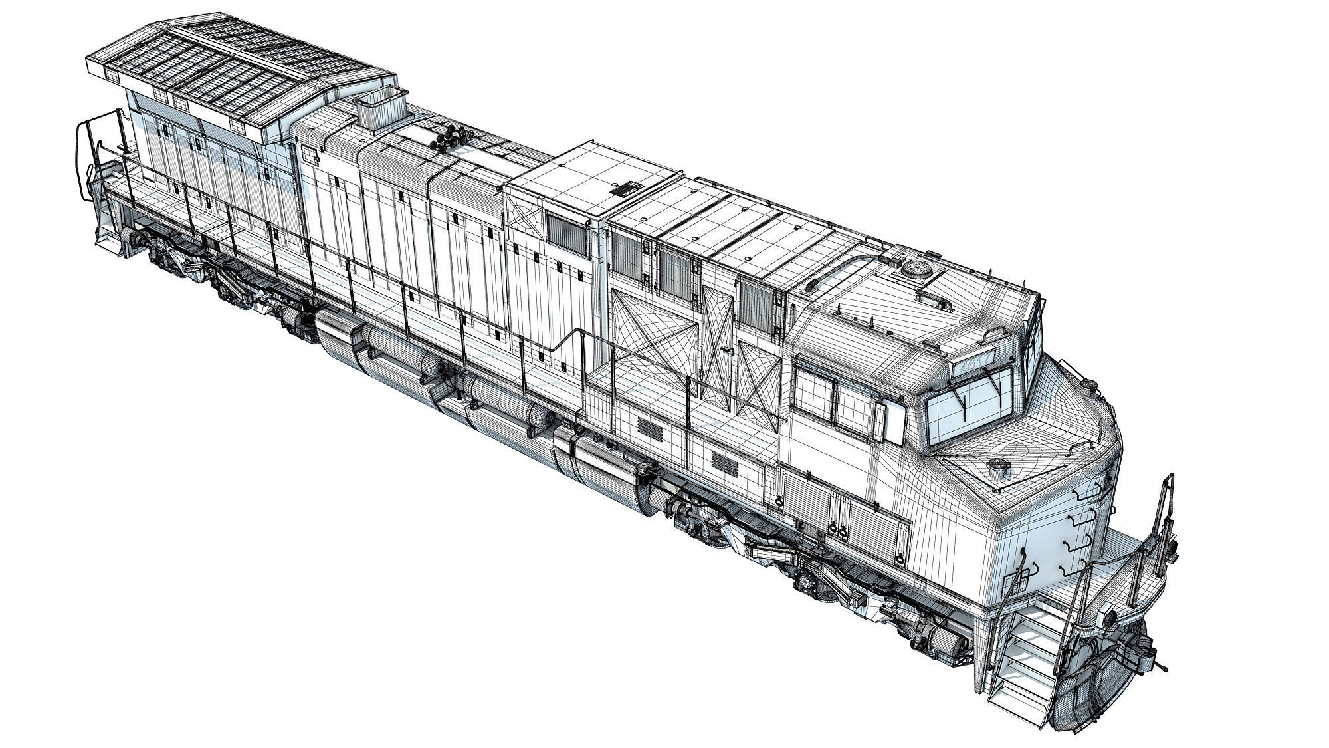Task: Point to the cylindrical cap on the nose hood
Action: (997, 465)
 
